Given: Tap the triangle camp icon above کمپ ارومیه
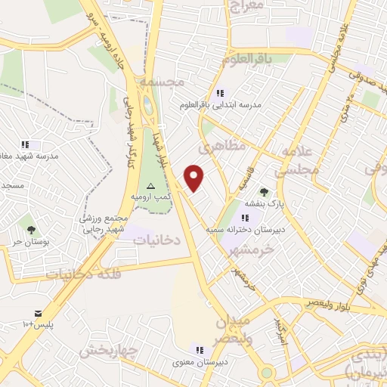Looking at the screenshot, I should coord(150,185).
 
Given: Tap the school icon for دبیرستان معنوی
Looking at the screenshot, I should coord(200,350).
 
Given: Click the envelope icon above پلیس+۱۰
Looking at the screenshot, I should coord(38,313).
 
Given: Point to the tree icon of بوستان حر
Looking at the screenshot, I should coord(31,229).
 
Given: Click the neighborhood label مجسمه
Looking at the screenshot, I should coord(180,82).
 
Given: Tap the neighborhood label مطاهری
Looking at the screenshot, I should coord(224,147).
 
